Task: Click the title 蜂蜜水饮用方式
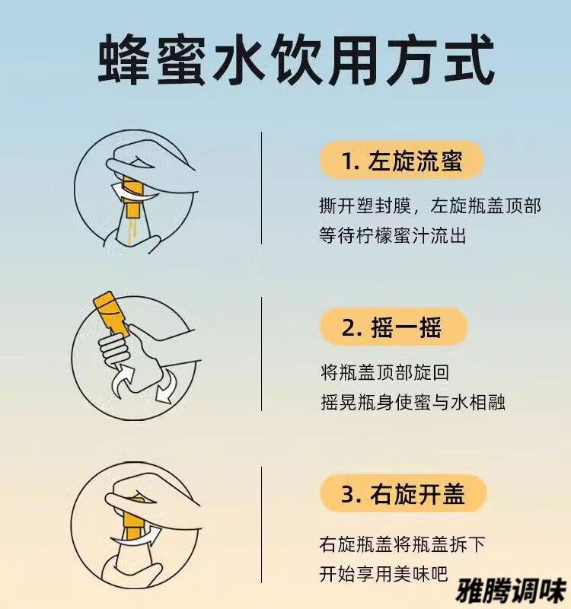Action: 296,61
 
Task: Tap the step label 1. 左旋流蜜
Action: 402,161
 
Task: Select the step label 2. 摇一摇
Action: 391,327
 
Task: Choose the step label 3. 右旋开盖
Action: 404,493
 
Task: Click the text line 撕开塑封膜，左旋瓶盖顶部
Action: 429,206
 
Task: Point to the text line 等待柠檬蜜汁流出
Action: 392,235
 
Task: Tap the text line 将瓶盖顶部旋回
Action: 385,372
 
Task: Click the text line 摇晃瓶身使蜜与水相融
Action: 413,402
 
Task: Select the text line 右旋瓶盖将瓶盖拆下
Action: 402,544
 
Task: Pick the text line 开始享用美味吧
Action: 384,574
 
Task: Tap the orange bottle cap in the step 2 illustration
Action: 110,314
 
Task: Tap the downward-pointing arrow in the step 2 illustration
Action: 166,387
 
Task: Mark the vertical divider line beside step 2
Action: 261,354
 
